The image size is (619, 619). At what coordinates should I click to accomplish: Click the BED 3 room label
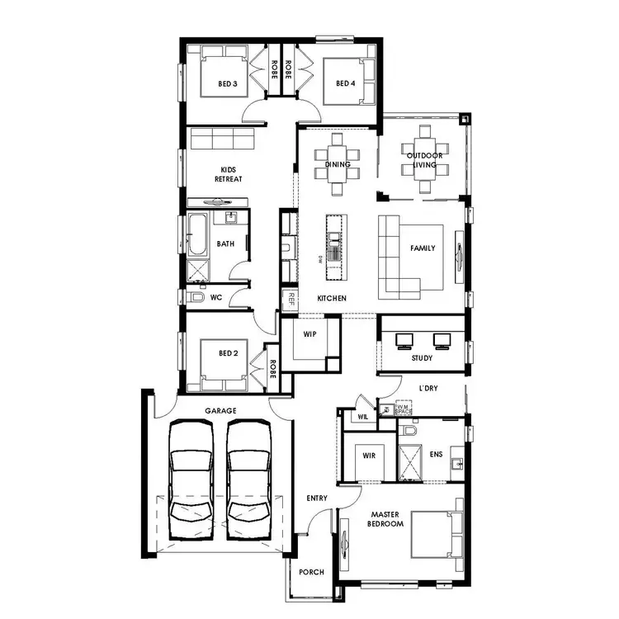pyautogui.click(x=228, y=84)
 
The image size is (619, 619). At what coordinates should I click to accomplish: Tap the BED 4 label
pyautogui.click(x=345, y=84)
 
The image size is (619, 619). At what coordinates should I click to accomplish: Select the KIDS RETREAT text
pyautogui.click(x=228, y=174)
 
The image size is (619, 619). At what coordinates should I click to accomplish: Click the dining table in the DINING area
pyautogui.click(x=338, y=163)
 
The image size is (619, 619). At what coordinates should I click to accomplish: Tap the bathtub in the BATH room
pyautogui.click(x=196, y=237)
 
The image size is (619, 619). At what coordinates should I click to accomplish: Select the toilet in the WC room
pyautogui.click(x=196, y=297)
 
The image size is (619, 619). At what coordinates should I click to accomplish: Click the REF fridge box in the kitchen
pyautogui.click(x=290, y=300)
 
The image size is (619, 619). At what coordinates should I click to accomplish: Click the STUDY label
pyautogui.click(x=422, y=358)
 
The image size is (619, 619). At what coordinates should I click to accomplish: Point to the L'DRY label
pyautogui.click(x=428, y=388)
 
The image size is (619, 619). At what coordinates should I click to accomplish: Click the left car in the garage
pyautogui.click(x=191, y=480)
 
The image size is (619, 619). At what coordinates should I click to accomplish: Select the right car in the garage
pyautogui.click(x=249, y=480)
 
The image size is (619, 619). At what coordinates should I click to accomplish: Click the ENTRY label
pyautogui.click(x=316, y=499)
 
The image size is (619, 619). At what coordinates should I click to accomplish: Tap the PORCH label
pyautogui.click(x=311, y=573)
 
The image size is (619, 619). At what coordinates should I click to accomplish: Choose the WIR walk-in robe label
pyautogui.click(x=368, y=454)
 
